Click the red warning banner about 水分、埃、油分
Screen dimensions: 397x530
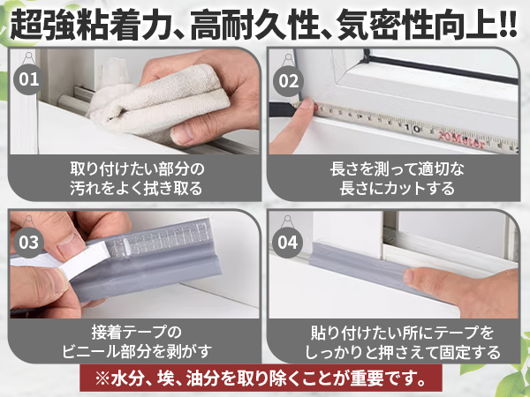click(265, 380)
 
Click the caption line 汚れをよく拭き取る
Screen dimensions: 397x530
click(136, 188)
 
